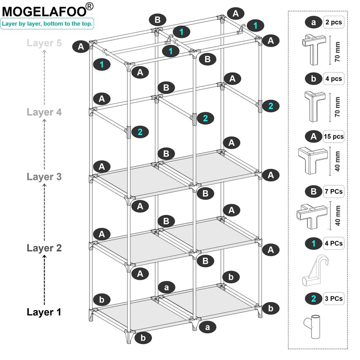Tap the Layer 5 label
(x=44, y=43)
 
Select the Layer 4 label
(x=44, y=112)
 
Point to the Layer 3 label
(x=44, y=176)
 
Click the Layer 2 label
(x=44, y=247)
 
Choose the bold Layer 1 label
(x=44, y=312)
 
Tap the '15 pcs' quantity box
(x=333, y=135)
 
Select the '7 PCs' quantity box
(x=333, y=191)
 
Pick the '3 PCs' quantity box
(x=333, y=298)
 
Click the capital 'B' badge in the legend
(x=313, y=191)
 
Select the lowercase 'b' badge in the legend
(x=313, y=79)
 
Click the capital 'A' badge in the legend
(x=313, y=135)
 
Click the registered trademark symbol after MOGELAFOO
(x=90, y=6)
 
